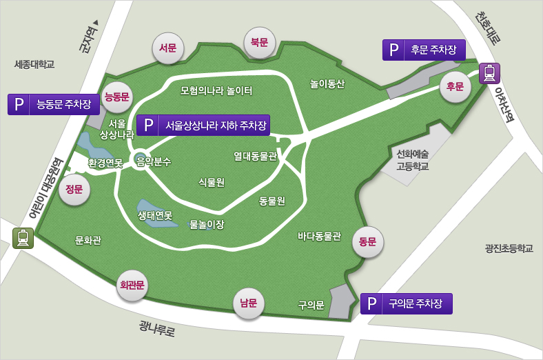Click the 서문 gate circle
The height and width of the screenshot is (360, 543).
click(x=167, y=48)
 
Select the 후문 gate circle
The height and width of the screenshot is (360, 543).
click(x=455, y=87)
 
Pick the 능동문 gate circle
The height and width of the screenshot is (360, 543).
click(x=117, y=97)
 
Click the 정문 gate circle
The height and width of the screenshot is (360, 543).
click(x=74, y=190)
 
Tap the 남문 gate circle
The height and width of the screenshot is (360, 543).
click(x=249, y=303)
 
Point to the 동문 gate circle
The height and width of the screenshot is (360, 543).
click(x=367, y=243)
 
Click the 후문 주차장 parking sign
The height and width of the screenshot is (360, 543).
click(x=424, y=50)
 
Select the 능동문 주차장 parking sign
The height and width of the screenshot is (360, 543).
click(x=53, y=104)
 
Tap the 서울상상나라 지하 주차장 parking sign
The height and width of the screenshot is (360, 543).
click(x=203, y=126)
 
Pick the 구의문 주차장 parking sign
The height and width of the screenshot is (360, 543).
click(x=406, y=303)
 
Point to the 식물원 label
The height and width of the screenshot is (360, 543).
click(x=212, y=182)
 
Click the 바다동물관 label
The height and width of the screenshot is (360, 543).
click(x=319, y=237)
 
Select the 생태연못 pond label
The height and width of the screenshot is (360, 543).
click(x=155, y=216)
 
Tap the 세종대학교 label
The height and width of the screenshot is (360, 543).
click(x=34, y=65)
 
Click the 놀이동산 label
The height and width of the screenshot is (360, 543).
click(x=327, y=84)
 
